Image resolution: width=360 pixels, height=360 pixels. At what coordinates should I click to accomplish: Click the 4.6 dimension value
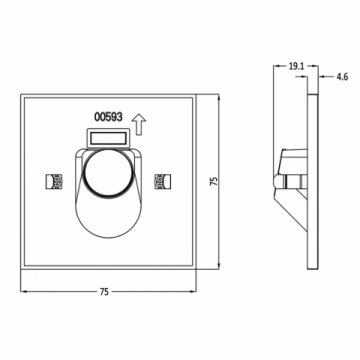point(340,73)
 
